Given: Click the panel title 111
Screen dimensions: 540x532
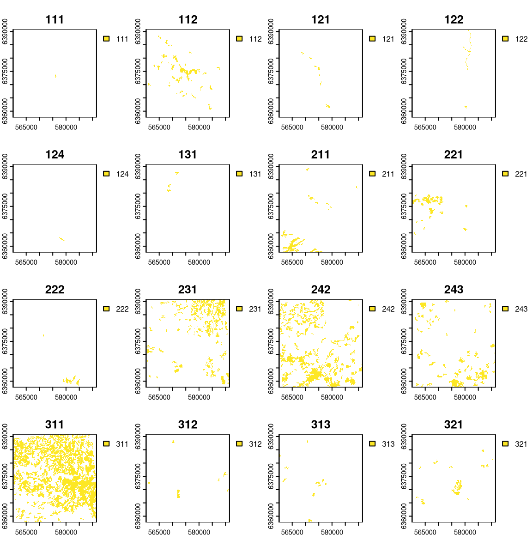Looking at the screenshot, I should (54, 20).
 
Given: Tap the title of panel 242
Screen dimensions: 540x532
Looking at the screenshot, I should (320, 290).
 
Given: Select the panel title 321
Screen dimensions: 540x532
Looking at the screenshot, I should (453, 425).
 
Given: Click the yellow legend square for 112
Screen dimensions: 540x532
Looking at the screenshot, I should (239, 39).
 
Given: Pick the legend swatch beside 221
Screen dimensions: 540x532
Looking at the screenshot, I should (505, 174).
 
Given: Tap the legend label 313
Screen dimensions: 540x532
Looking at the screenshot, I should (388, 444).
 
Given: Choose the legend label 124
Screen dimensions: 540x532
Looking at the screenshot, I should (122, 174).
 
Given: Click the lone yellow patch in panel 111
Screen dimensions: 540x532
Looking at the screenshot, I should (55, 76).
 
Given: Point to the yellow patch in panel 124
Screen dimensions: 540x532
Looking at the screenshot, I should (62, 239).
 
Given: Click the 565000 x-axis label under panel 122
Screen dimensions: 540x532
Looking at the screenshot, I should (425, 127).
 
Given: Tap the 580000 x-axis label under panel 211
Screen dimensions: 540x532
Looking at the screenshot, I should (332, 262).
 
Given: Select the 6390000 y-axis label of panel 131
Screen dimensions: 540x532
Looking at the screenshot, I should (138, 167).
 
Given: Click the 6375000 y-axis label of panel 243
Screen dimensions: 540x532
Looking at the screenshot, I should (404, 341).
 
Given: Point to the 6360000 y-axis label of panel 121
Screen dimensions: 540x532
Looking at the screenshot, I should (271, 111).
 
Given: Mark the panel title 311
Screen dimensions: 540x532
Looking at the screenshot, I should (54, 425).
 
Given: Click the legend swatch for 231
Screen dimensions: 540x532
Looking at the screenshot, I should (239, 309).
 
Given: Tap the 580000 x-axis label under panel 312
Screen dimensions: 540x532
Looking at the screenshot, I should (199, 532).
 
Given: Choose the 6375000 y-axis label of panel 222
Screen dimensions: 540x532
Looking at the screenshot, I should (5, 341).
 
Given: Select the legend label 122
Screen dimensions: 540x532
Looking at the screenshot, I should (521, 39).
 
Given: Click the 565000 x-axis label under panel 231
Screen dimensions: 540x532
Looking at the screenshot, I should (159, 397).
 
